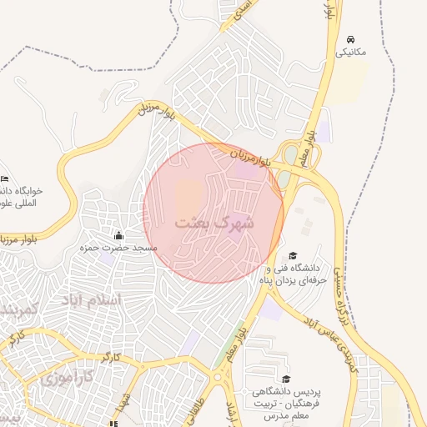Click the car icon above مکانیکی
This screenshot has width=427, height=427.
click(x=351, y=39)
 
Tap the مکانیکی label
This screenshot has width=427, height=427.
click(x=351, y=52)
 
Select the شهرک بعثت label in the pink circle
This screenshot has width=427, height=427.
click(x=214, y=224)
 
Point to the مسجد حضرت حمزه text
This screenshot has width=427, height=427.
click(x=108, y=248)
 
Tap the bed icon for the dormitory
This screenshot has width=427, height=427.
click(x=5, y=178)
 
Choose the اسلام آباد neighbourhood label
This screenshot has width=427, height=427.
click(x=91, y=299)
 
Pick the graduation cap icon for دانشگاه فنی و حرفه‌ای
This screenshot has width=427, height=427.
click(x=293, y=255)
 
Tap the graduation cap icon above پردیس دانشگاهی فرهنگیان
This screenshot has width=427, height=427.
click(x=286, y=379)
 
